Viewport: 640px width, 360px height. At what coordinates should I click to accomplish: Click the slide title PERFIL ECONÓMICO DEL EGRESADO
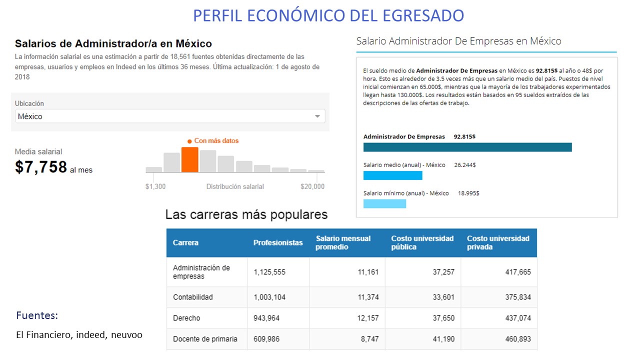pos(328,15)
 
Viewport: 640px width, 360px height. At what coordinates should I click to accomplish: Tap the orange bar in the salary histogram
pos(189,159)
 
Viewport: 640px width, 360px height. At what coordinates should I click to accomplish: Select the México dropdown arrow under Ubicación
pos(317,116)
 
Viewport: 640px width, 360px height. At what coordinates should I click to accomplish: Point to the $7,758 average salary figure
pos(41,167)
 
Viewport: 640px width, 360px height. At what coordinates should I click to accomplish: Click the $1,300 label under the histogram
pos(155,186)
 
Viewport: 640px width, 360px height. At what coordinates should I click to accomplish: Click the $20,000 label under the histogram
pos(312,186)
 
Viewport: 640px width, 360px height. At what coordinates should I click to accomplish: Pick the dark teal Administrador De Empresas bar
pos(467,147)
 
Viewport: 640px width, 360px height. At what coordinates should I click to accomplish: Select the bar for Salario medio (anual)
pos(392,175)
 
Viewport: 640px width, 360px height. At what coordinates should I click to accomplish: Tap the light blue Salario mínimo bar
pos(384,203)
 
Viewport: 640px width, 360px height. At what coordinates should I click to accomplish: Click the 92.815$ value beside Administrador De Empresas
pos(464,136)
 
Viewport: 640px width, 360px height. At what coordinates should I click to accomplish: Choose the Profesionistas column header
pos(278,242)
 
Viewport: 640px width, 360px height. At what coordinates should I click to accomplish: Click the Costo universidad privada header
pos(498,242)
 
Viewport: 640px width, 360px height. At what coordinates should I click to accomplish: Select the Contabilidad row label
pos(193,297)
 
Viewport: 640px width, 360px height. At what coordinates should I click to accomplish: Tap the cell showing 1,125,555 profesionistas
pos(269,272)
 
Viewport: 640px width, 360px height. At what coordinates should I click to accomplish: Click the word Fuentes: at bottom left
pos(37,315)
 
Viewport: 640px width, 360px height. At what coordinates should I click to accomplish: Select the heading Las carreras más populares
pos(246,214)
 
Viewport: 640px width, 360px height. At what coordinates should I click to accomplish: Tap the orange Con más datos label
pos(216,141)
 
